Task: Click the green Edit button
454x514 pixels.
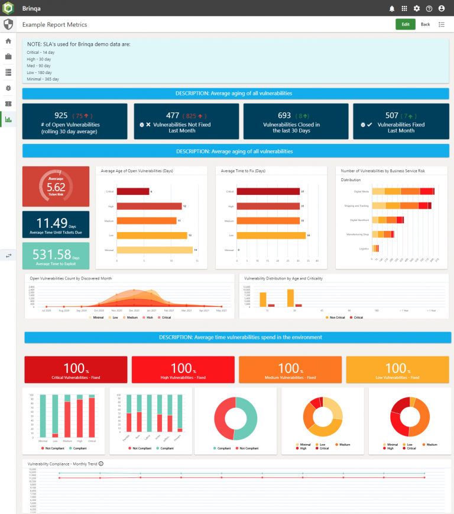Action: point(405,24)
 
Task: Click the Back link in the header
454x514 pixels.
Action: point(425,24)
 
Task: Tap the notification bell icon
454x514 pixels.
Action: point(391,8)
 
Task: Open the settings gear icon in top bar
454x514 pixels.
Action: point(417,8)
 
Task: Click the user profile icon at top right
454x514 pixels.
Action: point(442,8)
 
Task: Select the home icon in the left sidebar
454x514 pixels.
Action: point(8,41)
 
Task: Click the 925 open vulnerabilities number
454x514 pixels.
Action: point(61,115)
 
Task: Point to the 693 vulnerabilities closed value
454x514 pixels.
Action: point(284,115)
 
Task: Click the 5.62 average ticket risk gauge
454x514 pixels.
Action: point(56,186)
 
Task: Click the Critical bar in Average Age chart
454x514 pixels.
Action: point(132,192)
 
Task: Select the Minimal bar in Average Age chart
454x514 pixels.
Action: point(155,250)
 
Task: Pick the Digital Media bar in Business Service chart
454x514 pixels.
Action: point(402,191)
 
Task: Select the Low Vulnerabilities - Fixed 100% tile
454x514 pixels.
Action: point(397,370)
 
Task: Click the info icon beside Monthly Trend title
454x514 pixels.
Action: point(101,464)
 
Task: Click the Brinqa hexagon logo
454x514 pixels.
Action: point(8,8)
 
